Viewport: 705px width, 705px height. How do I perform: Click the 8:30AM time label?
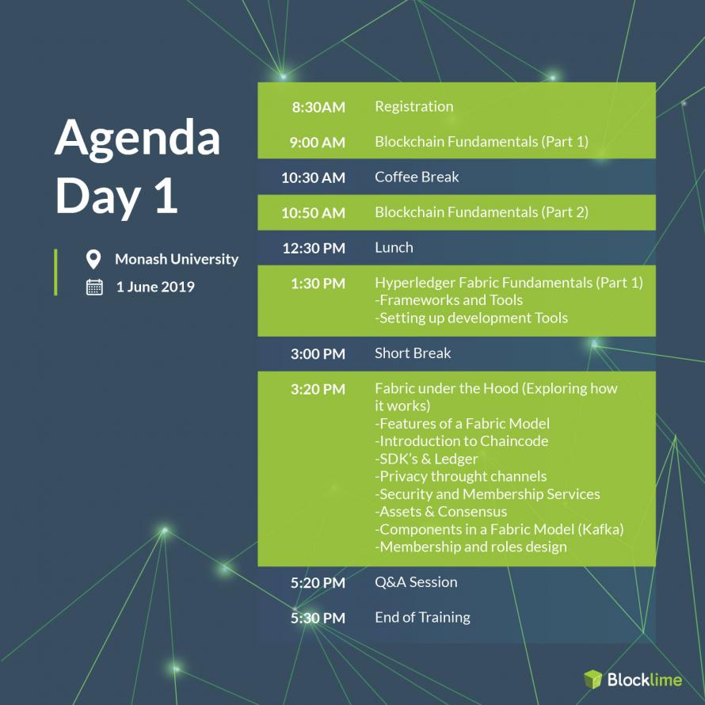point(318,107)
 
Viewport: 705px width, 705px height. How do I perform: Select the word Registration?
point(414,107)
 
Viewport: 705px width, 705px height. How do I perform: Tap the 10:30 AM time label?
point(314,177)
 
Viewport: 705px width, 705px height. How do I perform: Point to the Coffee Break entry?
point(417,177)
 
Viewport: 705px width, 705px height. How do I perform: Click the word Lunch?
point(394,247)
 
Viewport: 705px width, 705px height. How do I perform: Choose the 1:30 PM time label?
point(318,284)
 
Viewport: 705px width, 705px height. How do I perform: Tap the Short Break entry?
point(413,353)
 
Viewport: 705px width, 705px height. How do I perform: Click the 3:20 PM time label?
point(318,389)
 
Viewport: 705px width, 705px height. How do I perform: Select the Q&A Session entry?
point(416,581)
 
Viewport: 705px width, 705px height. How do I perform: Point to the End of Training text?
point(423,617)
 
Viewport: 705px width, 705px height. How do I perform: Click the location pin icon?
point(93,260)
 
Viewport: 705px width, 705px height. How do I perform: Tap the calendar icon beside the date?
point(94,287)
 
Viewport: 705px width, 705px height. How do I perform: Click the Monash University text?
point(177,259)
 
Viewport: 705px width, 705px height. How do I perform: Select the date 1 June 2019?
point(155,287)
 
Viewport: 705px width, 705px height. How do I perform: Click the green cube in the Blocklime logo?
point(593,679)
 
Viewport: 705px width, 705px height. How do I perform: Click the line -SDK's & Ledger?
point(426,459)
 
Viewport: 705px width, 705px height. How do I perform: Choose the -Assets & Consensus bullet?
point(440,512)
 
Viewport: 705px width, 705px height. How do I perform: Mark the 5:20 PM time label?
point(318,583)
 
